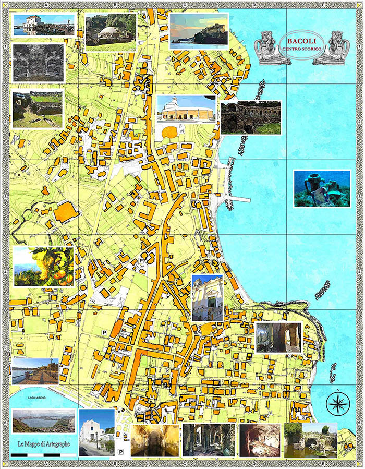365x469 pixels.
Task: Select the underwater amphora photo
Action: click(322, 188)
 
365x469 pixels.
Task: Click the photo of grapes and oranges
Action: click(43, 267)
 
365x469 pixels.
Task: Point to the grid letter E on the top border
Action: click(323, 4)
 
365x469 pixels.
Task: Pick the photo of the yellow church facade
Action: click(207, 297)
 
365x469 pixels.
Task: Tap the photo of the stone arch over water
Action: click(310, 440)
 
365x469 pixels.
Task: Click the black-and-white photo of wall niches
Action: click(38, 63)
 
